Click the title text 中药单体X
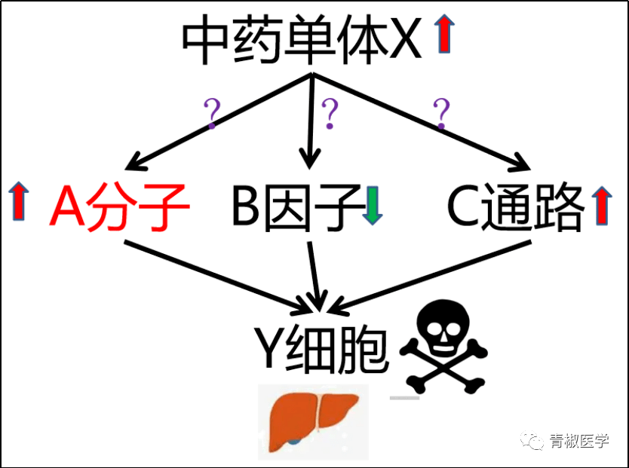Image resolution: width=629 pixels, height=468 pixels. click(x=302, y=43)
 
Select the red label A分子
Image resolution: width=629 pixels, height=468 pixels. click(x=119, y=207)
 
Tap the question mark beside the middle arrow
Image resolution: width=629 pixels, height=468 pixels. click(x=329, y=114)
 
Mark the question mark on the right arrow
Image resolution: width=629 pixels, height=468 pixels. click(x=441, y=114)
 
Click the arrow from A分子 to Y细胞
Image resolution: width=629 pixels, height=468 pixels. click(x=219, y=275)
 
